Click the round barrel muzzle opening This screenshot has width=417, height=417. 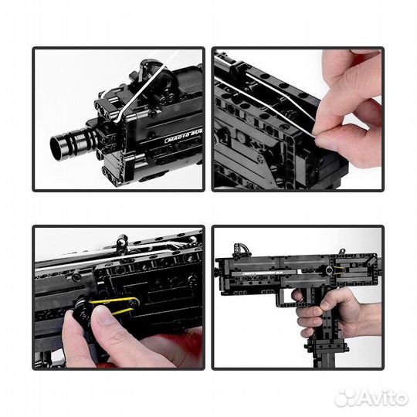59,142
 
